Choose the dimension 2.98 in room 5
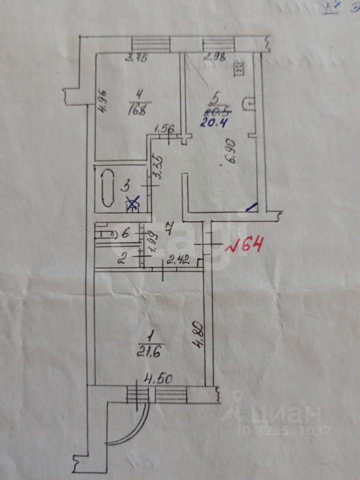click(x=212, y=56)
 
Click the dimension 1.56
click(x=164, y=128)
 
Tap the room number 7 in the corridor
click(x=168, y=230)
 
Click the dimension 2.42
click(x=177, y=259)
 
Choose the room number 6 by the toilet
click(x=125, y=232)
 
